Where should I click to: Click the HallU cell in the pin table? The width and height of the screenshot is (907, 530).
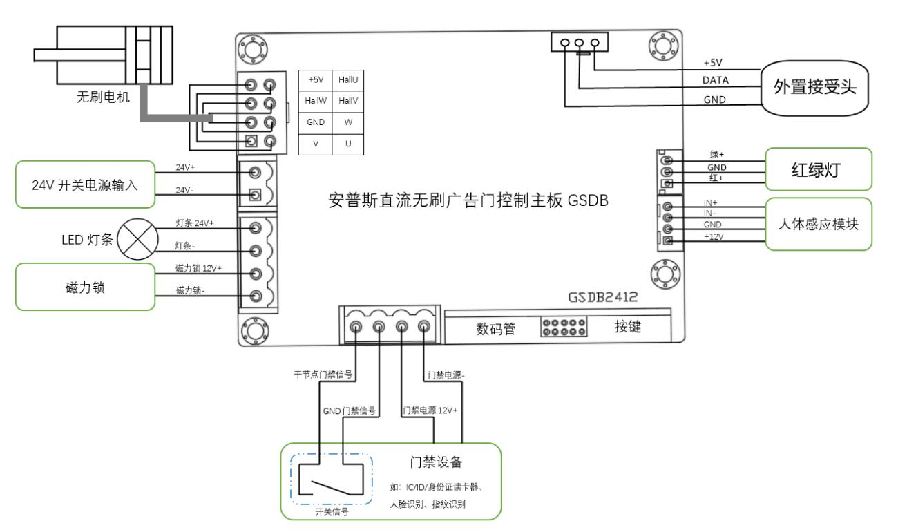(x=348, y=80)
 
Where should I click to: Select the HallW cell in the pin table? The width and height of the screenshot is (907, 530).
(x=314, y=101)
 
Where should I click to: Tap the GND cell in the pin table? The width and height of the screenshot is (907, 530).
(x=314, y=122)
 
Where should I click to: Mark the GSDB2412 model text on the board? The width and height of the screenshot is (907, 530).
(x=602, y=297)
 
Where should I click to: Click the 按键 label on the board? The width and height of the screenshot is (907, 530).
(x=627, y=326)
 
